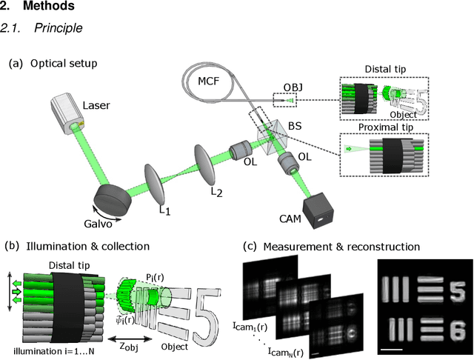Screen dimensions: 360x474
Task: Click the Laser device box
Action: [70, 116]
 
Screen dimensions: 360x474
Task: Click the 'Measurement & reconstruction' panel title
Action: [337, 246]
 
